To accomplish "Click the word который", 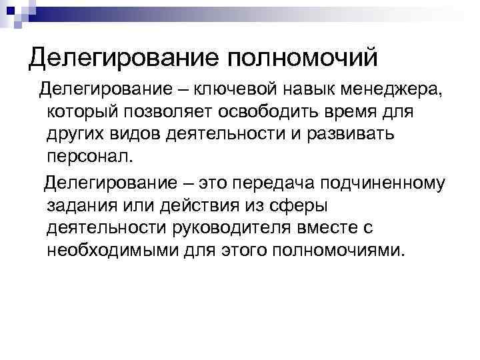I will pyautogui.click(x=83, y=111).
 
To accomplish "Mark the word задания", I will pyautogui.click(x=81, y=205).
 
